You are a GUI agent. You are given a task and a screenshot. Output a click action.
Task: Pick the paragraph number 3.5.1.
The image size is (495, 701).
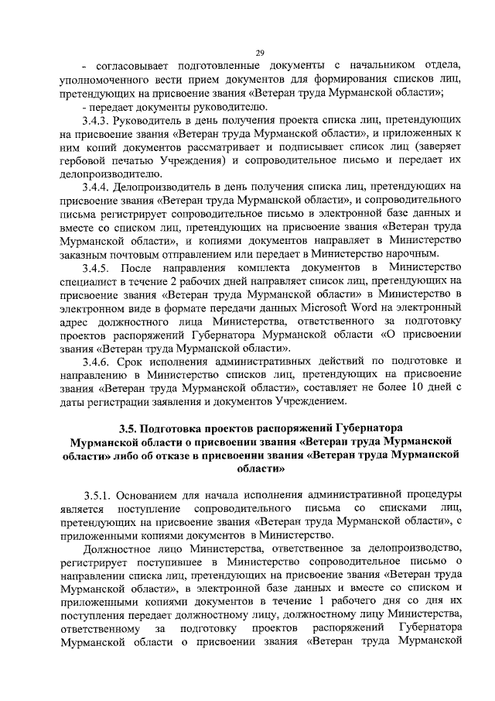[101, 495]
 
